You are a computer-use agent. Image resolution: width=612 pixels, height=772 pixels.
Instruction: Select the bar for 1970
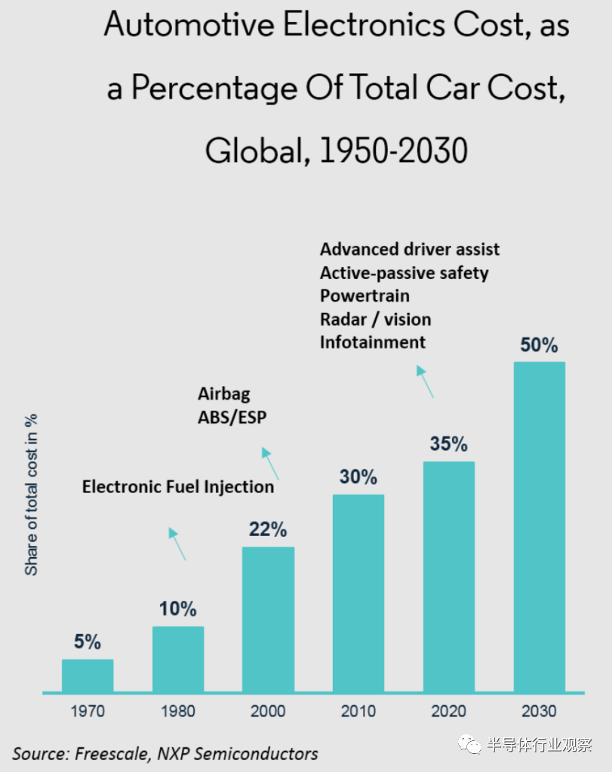click(x=88, y=675)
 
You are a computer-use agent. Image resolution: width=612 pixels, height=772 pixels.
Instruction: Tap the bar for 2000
click(x=268, y=619)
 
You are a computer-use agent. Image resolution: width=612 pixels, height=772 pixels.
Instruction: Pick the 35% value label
click(x=449, y=444)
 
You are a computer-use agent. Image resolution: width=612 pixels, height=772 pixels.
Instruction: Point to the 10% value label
click(x=178, y=608)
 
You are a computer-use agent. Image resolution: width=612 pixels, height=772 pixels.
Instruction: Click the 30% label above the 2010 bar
click(x=358, y=477)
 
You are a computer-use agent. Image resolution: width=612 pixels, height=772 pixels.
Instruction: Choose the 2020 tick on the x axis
click(x=448, y=711)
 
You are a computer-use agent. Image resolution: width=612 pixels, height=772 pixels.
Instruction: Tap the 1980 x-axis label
click(x=177, y=711)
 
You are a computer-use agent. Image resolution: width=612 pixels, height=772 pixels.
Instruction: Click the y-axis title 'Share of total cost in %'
click(x=32, y=495)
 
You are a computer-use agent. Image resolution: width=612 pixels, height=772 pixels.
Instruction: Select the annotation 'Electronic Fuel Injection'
click(x=178, y=487)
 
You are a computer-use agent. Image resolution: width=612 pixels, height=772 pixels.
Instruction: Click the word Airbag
click(x=223, y=394)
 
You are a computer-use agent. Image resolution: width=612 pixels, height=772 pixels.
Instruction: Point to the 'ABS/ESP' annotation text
click(x=232, y=417)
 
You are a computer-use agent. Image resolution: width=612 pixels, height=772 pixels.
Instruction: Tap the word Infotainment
click(x=372, y=342)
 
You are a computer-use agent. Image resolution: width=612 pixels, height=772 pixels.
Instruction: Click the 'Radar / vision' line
click(x=375, y=319)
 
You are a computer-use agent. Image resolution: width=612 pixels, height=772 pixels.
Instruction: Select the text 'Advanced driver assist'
click(x=410, y=250)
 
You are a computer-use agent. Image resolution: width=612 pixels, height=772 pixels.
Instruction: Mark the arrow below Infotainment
click(x=426, y=381)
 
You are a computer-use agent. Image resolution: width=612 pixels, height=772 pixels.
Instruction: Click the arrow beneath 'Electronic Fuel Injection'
click(x=177, y=543)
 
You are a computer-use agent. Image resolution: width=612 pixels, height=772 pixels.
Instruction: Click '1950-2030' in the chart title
click(x=393, y=151)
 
